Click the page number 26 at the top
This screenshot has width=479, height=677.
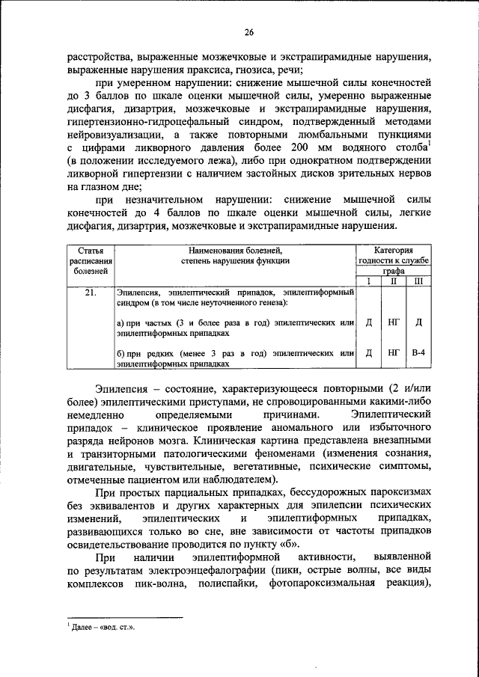click(248, 31)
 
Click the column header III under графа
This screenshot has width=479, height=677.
click(418, 281)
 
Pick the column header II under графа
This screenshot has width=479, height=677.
click(394, 281)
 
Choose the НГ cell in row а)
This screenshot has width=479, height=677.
click(394, 322)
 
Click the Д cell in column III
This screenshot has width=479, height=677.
click(418, 322)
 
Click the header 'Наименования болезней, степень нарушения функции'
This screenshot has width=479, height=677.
click(235, 254)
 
